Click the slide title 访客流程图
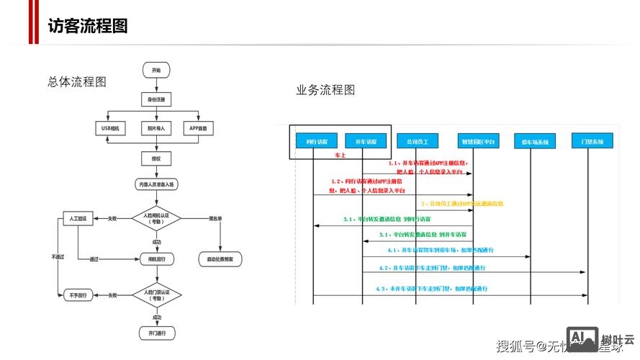pos(88,26)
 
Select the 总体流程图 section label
pos(77,82)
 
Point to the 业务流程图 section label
pos(325,90)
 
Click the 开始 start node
pos(156,71)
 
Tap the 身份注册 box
pos(156,99)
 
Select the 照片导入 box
pos(156,128)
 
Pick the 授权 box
pos(156,158)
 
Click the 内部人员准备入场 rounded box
pos(156,185)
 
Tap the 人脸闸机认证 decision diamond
pos(156,218)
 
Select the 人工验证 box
pos(78,217)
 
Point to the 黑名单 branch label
pos(215,217)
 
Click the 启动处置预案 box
pos(220,258)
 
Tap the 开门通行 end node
pos(156,333)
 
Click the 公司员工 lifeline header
pos(418,142)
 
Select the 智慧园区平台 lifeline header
pos(477,142)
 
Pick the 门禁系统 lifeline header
pos(592,142)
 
